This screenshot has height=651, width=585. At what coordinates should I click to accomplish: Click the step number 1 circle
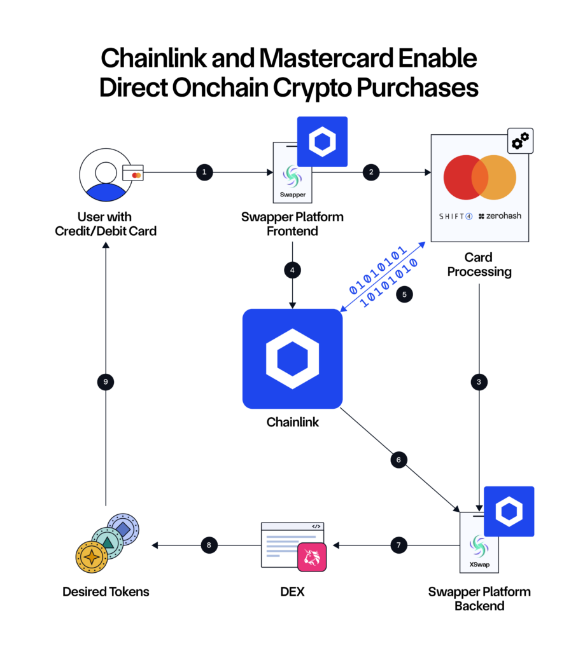click(204, 172)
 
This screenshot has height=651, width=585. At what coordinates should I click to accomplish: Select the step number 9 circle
click(106, 381)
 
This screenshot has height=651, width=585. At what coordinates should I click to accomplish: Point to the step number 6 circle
click(398, 460)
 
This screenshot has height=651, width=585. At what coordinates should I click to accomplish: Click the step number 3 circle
click(479, 381)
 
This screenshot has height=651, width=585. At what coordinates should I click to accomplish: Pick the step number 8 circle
click(208, 545)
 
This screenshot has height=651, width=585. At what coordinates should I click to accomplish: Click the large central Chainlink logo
click(292, 359)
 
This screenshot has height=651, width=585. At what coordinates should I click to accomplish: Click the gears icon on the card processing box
click(520, 141)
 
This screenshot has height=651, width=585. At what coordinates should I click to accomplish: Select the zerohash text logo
click(499, 216)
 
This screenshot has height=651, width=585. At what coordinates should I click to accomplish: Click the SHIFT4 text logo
click(456, 216)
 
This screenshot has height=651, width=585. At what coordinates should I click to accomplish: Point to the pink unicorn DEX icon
click(312, 558)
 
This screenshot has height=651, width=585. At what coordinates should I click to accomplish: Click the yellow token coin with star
click(93, 556)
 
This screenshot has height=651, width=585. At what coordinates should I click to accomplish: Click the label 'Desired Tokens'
click(106, 592)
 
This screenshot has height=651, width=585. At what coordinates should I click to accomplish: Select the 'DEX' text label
click(292, 592)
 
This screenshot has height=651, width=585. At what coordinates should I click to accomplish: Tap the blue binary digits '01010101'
click(378, 270)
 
